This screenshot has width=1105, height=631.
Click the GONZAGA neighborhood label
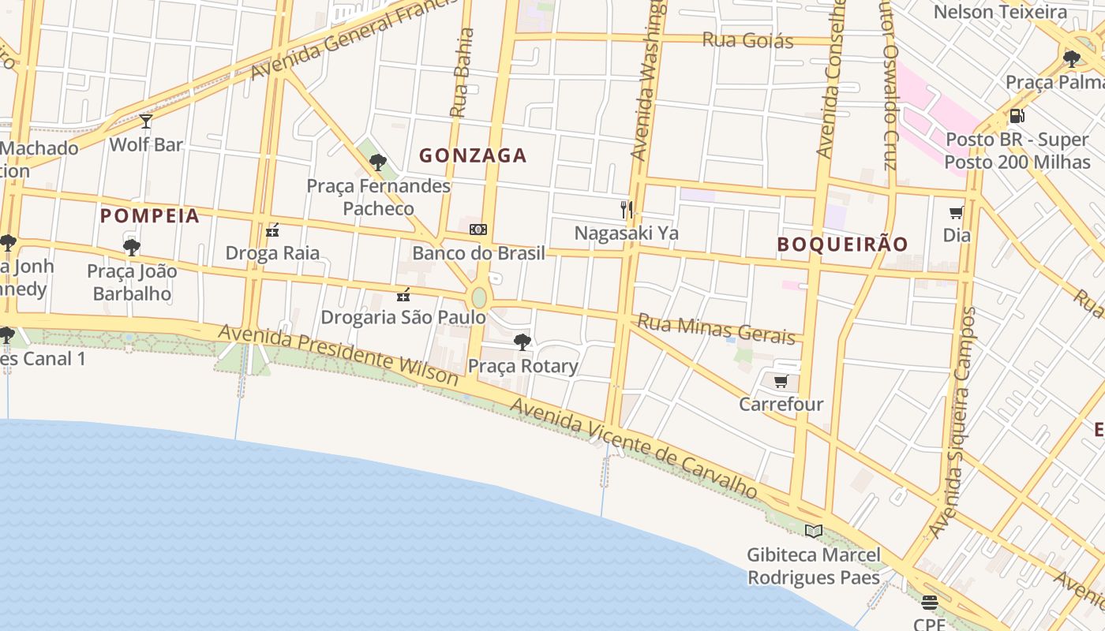tap(473, 155)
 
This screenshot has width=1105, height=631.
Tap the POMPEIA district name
tap(150, 215)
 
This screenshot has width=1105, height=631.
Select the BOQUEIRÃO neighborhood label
tap(843, 244)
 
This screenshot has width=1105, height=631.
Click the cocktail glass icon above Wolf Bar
tap(146, 121)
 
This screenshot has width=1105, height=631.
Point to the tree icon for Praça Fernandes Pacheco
tap(378, 162)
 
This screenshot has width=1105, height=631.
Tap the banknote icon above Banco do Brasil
tap(478, 230)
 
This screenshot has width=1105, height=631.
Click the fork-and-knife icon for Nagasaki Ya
tap(627, 209)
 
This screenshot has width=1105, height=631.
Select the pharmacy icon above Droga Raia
tap(272, 230)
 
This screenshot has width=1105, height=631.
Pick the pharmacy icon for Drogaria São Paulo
tap(403, 295)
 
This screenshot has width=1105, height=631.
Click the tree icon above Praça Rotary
tap(522, 342)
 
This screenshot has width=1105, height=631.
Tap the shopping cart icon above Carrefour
tap(781, 382)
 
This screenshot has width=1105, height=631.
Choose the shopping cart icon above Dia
tap(957, 212)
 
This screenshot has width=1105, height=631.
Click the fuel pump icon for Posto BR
tap(1017, 116)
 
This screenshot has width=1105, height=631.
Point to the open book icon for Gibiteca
tap(814, 531)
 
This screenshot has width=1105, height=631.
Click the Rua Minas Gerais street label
tap(716, 328)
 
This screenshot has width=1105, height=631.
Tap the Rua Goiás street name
tap(747, 39)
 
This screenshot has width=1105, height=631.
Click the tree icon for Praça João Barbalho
tap(132, 248)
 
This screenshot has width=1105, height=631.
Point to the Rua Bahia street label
tap(463, 73)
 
